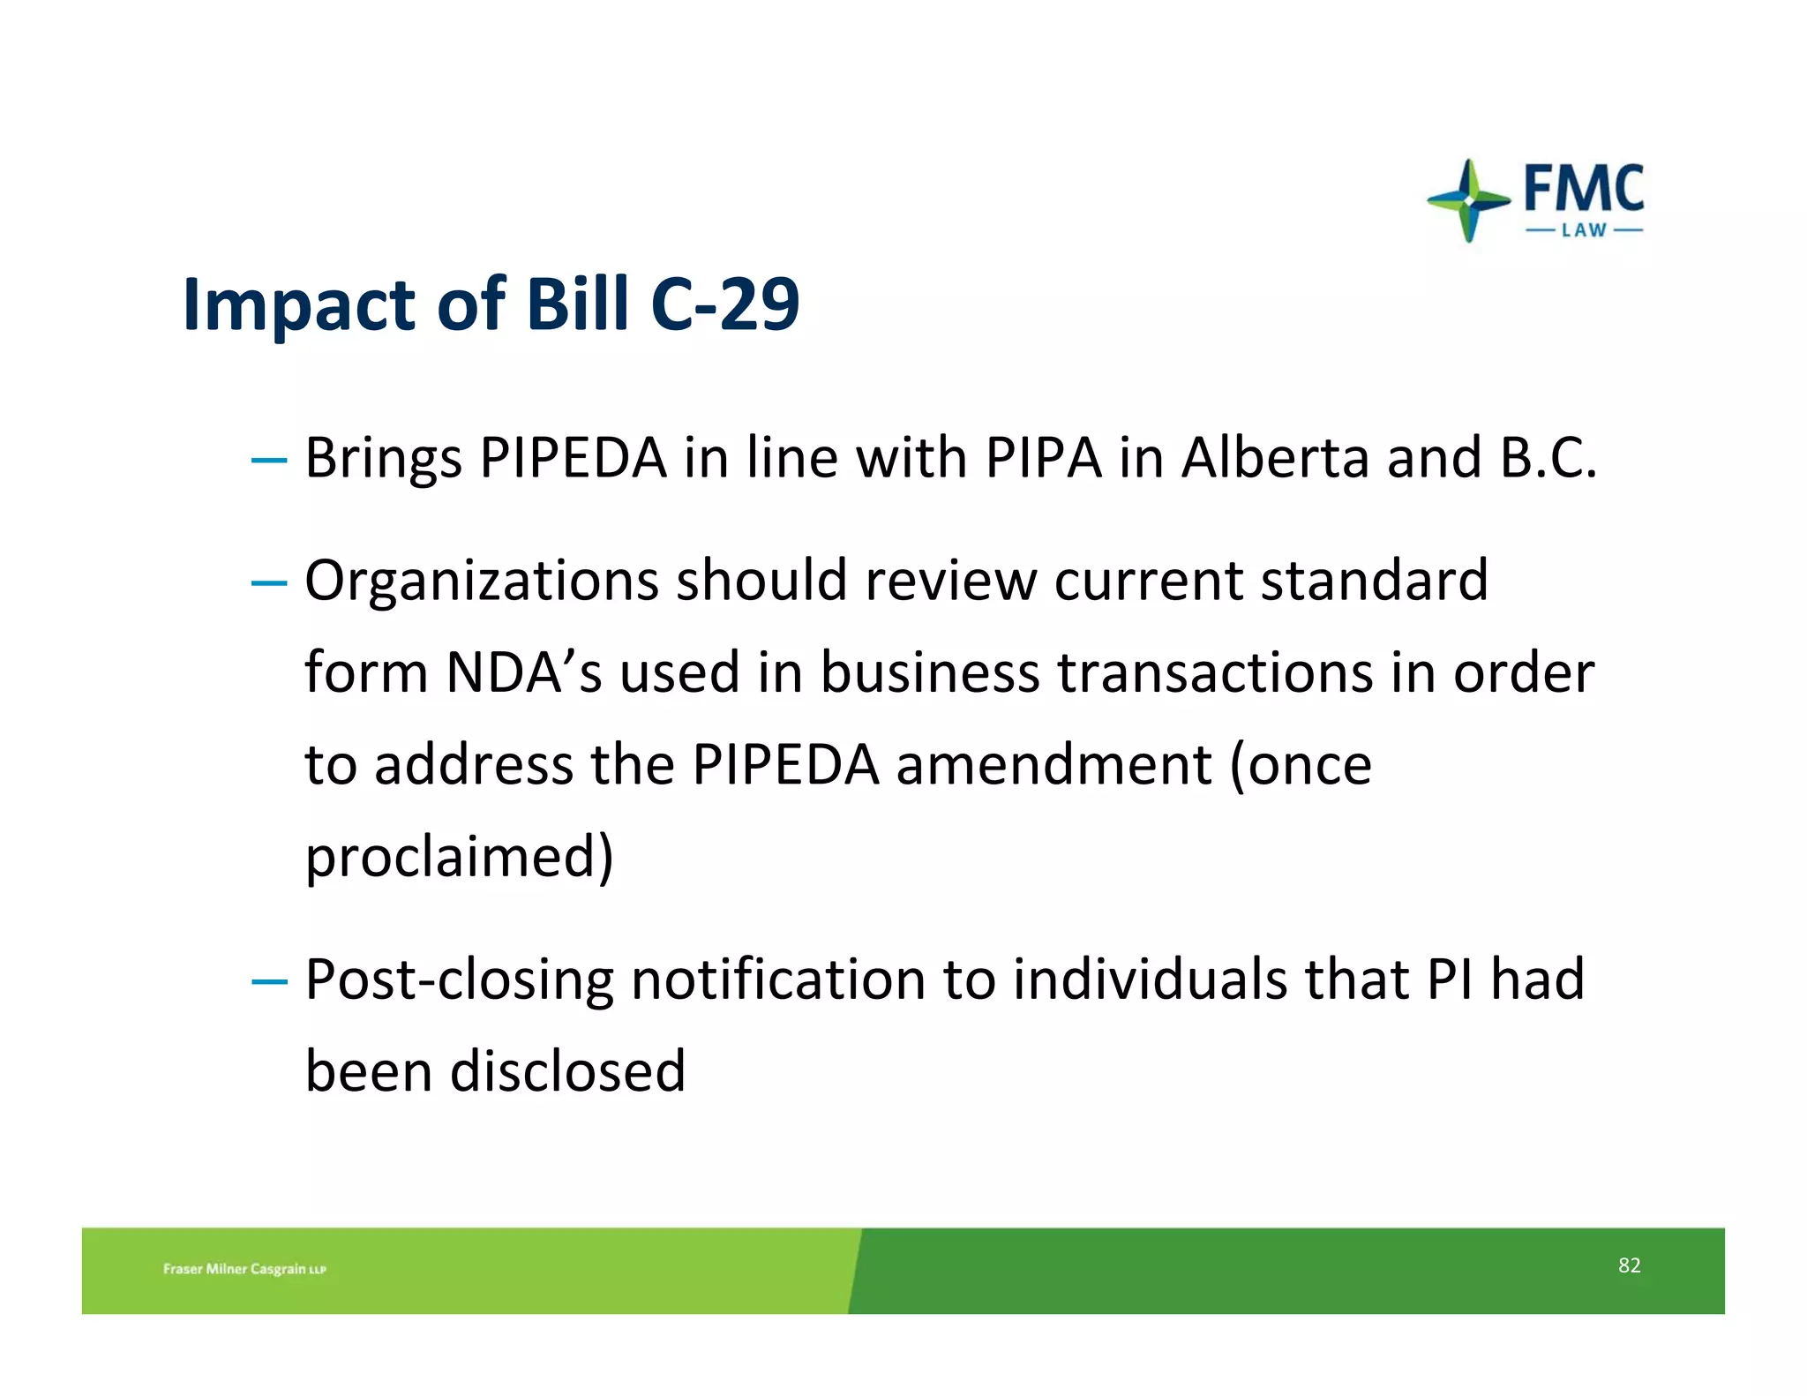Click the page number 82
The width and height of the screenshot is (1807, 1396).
click(1629, 1265)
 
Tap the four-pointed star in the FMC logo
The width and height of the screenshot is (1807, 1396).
click(1468, 200)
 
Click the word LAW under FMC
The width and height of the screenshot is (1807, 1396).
click(1585, 230)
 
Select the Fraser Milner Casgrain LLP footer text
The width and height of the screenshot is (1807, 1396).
click(244, 1269)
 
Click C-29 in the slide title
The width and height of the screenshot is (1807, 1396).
click(724, 304)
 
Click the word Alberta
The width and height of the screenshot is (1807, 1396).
click(1276, 458)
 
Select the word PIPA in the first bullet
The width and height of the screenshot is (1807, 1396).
click(1044, 458)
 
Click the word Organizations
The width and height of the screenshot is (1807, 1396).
click(482, 582)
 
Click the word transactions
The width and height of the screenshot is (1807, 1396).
click(1216, 672)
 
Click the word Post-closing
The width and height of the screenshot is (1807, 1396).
click(459, 980)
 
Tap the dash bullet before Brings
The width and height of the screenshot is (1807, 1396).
click(269, 460)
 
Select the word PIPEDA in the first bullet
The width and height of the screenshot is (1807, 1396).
click(574, 458)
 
